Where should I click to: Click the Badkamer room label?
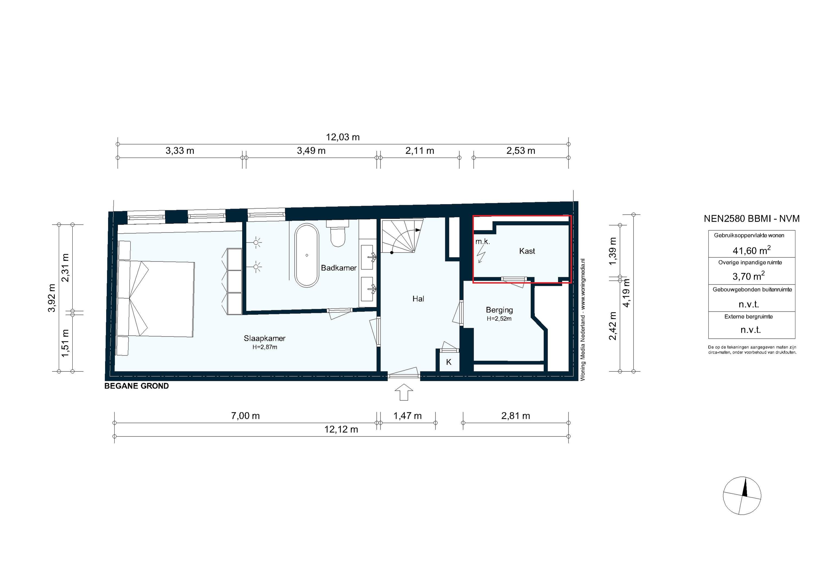point(338,268)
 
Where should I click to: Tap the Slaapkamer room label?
point(264,338)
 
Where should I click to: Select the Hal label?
point(418,299)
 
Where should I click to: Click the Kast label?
point(527,251)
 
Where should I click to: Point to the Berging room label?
point(499,310)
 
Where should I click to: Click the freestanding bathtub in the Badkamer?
point(307,255)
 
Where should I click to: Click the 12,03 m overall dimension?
point(343,137)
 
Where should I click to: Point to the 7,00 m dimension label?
point(245,416)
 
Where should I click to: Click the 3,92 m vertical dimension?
point(52,298)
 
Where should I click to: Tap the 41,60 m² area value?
point(751,251)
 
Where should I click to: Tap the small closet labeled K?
point(449,362)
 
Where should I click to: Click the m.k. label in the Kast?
point(482,242)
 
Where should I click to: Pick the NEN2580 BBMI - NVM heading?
point(751,219)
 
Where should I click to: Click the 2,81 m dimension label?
point(515,416)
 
